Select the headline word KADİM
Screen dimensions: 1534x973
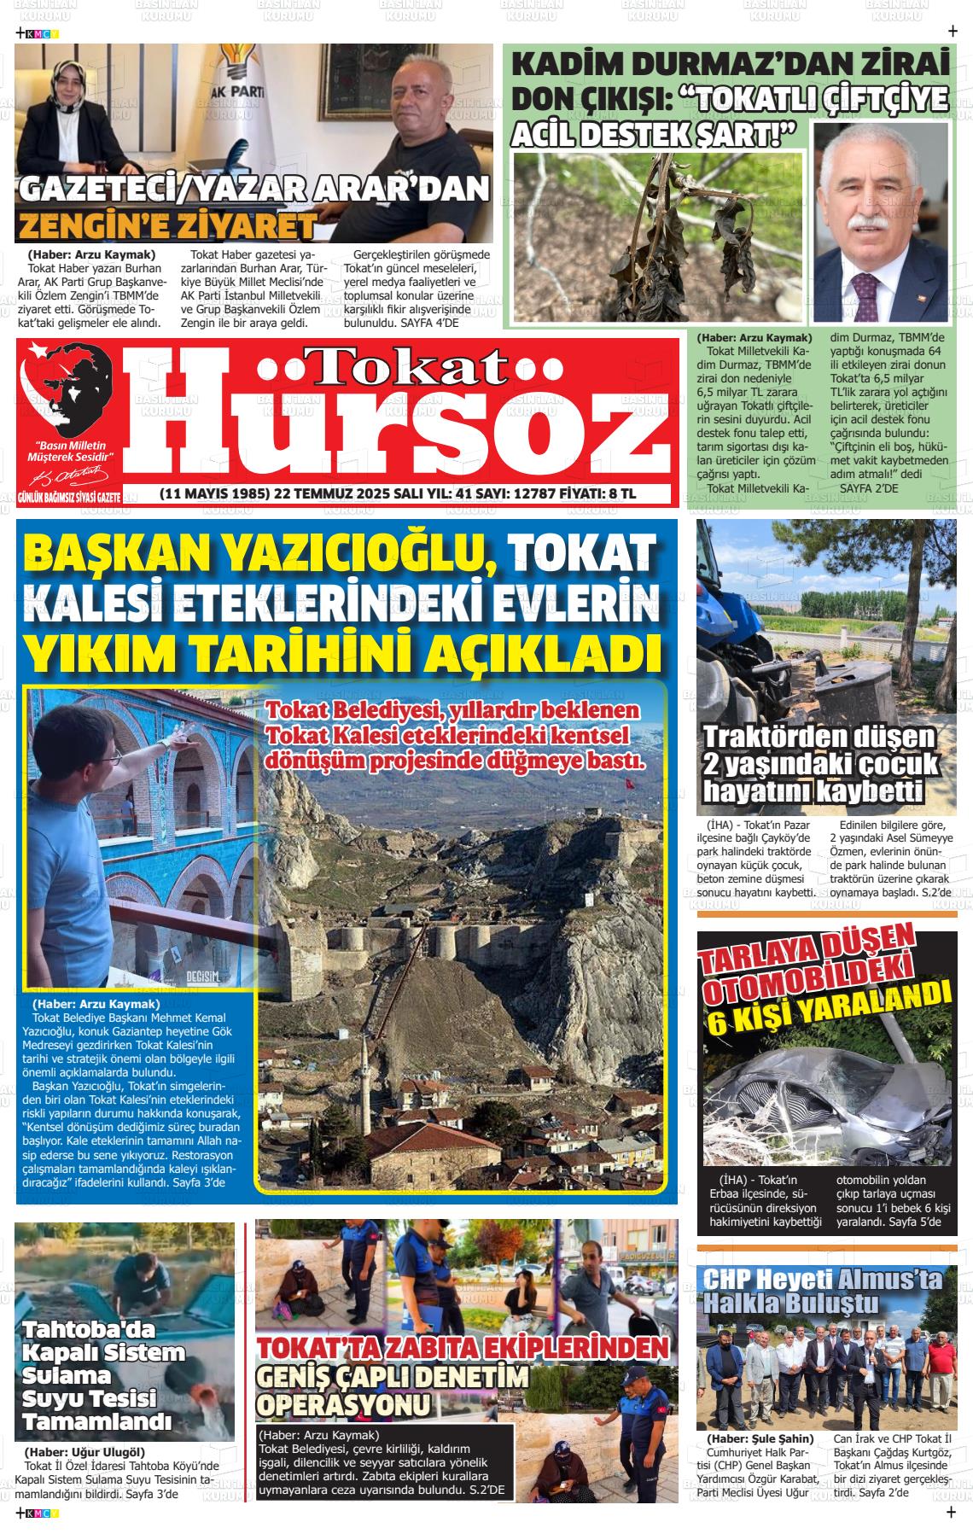pos(573,66)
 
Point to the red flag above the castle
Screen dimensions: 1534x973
pos(631,782)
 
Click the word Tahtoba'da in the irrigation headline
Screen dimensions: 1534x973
pos(90,1329)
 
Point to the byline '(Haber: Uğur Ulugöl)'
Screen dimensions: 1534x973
pos(84,1451)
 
